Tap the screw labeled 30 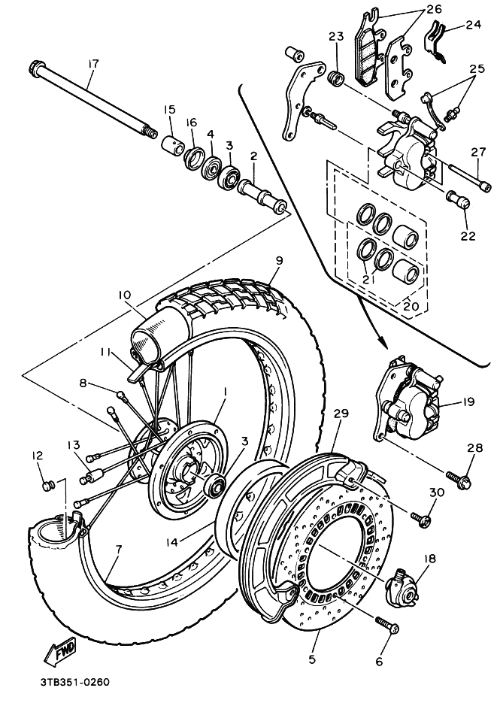(x=422, y=519)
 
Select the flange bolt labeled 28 (x=459, y=478)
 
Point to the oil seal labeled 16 (x=194, y=158)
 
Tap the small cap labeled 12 (x=47, y=486)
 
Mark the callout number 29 (x=341, y=413)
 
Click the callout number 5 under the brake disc (x=312, y=659)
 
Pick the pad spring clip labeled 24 (x=434, y=41)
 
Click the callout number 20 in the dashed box (x=411, y=306)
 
